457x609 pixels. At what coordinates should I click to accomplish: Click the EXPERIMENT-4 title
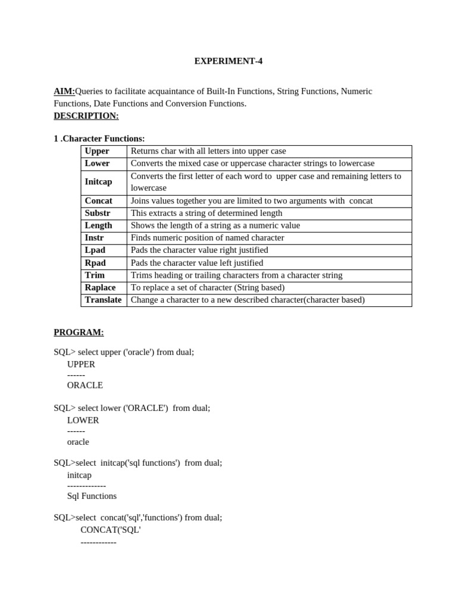(228, 61)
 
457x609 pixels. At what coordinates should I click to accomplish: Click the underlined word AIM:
(64, 91)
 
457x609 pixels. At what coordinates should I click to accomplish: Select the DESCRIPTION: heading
(86, 115)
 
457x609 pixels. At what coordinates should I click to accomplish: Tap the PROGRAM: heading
(79, 332)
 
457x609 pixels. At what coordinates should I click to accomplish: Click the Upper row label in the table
(97, 151)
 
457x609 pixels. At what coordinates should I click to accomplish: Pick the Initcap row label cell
(98, 181)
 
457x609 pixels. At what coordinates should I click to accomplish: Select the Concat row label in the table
(98, 200)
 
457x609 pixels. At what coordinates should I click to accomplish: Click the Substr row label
(98, 213)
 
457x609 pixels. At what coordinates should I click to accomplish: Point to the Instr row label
(94, 237)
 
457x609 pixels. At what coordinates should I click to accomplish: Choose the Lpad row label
(95, 250)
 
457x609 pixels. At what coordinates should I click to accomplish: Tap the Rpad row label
(95, 262)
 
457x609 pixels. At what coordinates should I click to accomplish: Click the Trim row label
(95, 275)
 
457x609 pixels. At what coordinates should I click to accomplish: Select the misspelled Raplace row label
(100, 287)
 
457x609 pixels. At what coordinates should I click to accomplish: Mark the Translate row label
(103, 300)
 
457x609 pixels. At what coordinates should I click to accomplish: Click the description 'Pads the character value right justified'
(199, 250)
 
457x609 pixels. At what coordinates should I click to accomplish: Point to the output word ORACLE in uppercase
(85, 385)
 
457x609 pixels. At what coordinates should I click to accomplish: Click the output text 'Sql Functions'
(92, 495)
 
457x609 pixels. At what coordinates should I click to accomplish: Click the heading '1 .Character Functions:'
(99, 139)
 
